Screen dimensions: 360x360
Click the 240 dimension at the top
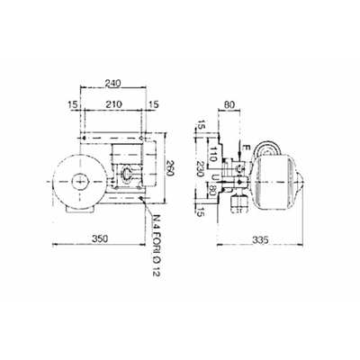click(113, 84)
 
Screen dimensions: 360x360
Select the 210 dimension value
click(113, 105)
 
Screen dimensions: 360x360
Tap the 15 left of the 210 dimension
click(71, 105)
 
